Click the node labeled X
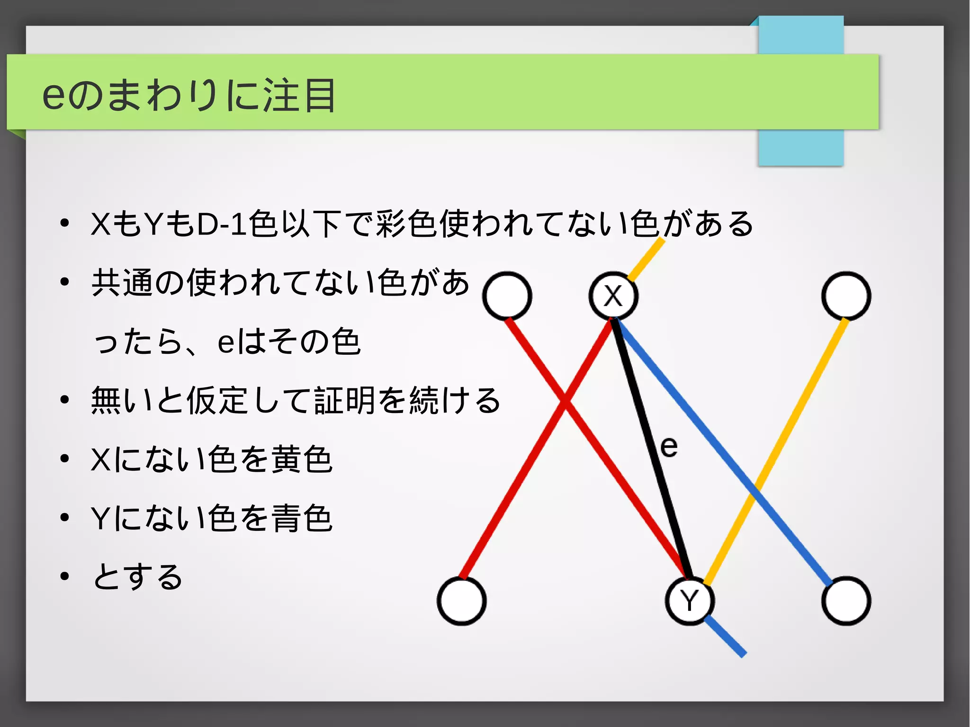coord(613,296)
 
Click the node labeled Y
coord(690,601)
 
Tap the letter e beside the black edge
coord(669,447)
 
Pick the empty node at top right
coord(846,296)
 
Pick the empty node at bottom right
coord(846,601)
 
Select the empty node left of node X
coord(507,296)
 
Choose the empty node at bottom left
coord(462,601)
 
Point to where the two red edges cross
coord(564,401)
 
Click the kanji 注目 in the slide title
coord(299,95)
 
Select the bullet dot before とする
coord(65,576)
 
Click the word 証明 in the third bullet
coord(345,400)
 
